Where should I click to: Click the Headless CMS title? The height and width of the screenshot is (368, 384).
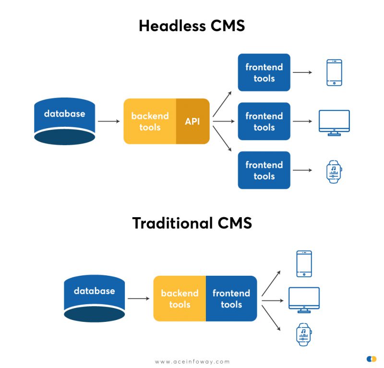point(192,25)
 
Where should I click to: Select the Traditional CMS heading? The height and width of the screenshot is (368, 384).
point(192,223)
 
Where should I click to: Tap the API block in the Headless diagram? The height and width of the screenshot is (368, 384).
point(192,122)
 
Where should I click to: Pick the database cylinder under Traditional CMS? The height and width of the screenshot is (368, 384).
point(94,298)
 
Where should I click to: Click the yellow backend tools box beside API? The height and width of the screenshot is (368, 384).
point(150,122)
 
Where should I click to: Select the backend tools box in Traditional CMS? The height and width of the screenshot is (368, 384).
point(180,298)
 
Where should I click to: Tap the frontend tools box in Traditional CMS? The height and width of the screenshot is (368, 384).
point(231,298)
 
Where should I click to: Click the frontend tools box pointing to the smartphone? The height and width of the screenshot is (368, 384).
point(264,73)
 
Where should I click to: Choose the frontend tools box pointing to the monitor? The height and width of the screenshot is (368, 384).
point(264,122)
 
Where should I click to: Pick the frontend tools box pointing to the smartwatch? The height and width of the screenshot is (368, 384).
point(264,170)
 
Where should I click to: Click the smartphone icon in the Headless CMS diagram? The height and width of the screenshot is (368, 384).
point(334,73)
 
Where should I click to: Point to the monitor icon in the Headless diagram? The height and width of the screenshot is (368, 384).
point(334,123)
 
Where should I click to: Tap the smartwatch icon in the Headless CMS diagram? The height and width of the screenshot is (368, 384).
point(334,172)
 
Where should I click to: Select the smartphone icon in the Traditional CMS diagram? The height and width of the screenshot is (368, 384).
point(304,264)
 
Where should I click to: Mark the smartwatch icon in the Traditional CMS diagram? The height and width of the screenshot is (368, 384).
point(304,334)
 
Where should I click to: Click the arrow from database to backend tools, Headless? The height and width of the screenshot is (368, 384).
point(108,122)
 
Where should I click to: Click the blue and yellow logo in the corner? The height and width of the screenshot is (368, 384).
point(371,359)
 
